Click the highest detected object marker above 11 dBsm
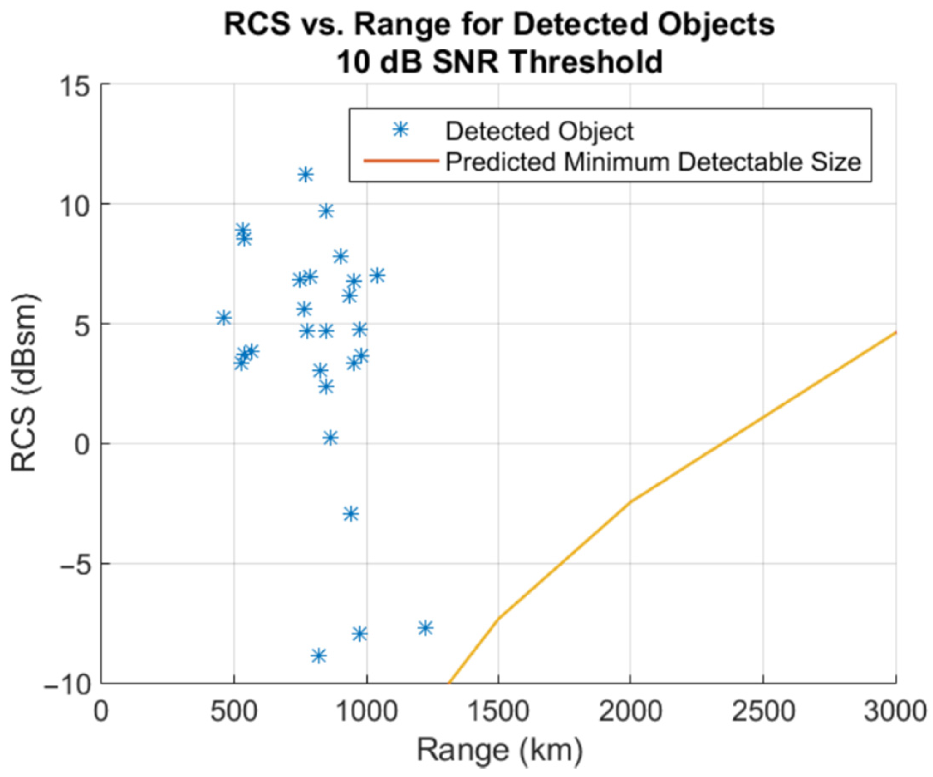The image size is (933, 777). pos(306,174)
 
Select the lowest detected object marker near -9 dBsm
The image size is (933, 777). pos(318,656)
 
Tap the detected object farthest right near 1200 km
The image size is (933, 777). pos(425,628)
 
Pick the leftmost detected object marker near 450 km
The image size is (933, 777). pos(224,318)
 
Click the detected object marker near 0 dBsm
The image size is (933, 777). pos(330,438)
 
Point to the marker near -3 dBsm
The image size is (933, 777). pos(351,514)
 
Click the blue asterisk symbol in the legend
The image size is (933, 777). pos(400,130)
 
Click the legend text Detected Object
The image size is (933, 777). pos(539,131)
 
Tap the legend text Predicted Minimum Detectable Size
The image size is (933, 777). pos(652,162)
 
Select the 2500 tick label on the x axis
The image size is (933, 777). pos(763,711)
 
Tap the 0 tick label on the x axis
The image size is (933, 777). pos(101,711)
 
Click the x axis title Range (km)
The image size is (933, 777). pos(499,749)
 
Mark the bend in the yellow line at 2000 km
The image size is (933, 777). pos(630,502)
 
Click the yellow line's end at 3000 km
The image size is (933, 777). pos(895,332)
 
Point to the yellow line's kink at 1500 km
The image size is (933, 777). pos(498,618)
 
